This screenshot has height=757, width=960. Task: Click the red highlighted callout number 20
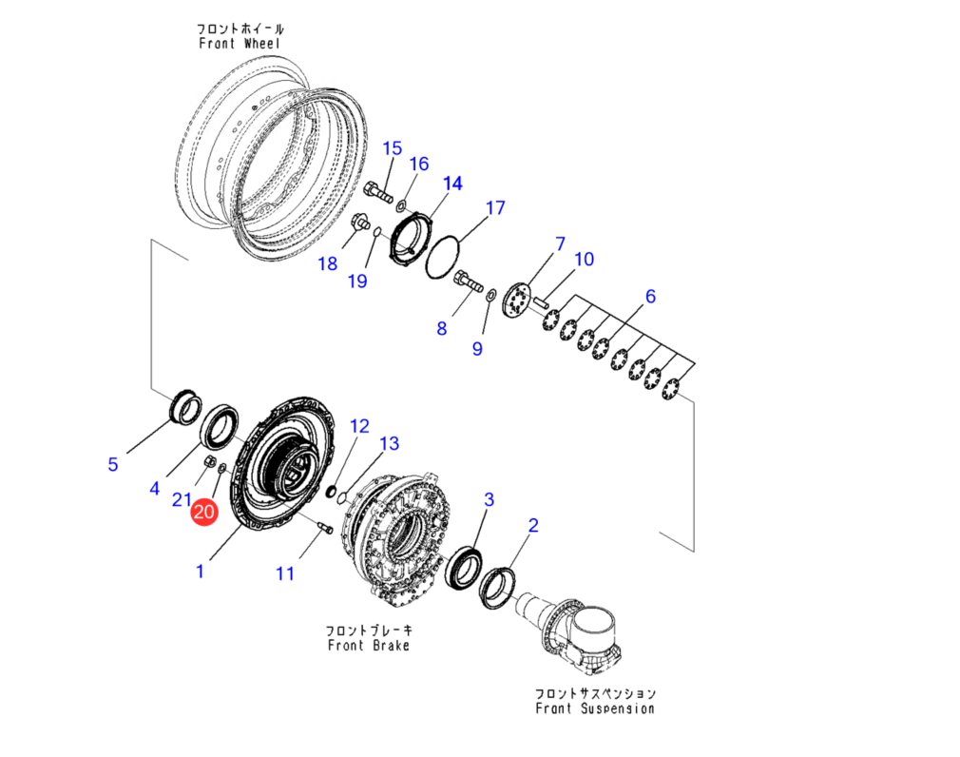click(204, 512)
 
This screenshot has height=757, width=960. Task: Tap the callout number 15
click(393, 148)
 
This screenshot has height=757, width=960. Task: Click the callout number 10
click(584, 259)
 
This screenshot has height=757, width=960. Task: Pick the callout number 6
click(650, 297)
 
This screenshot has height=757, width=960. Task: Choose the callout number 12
click(359, 425)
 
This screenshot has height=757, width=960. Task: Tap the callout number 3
click(490, 499)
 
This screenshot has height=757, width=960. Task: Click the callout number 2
click(533, 524)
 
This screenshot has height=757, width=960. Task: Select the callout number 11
click(285, 573)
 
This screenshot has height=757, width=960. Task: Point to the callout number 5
click(113, 464)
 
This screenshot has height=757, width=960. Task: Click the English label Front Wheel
click(240, 43)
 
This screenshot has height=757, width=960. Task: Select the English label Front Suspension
click(595, 708)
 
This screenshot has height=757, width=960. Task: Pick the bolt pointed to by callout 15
click(378, 192)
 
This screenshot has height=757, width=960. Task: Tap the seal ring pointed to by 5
click(184, 407)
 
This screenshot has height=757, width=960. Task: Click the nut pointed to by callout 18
click(359, 224)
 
